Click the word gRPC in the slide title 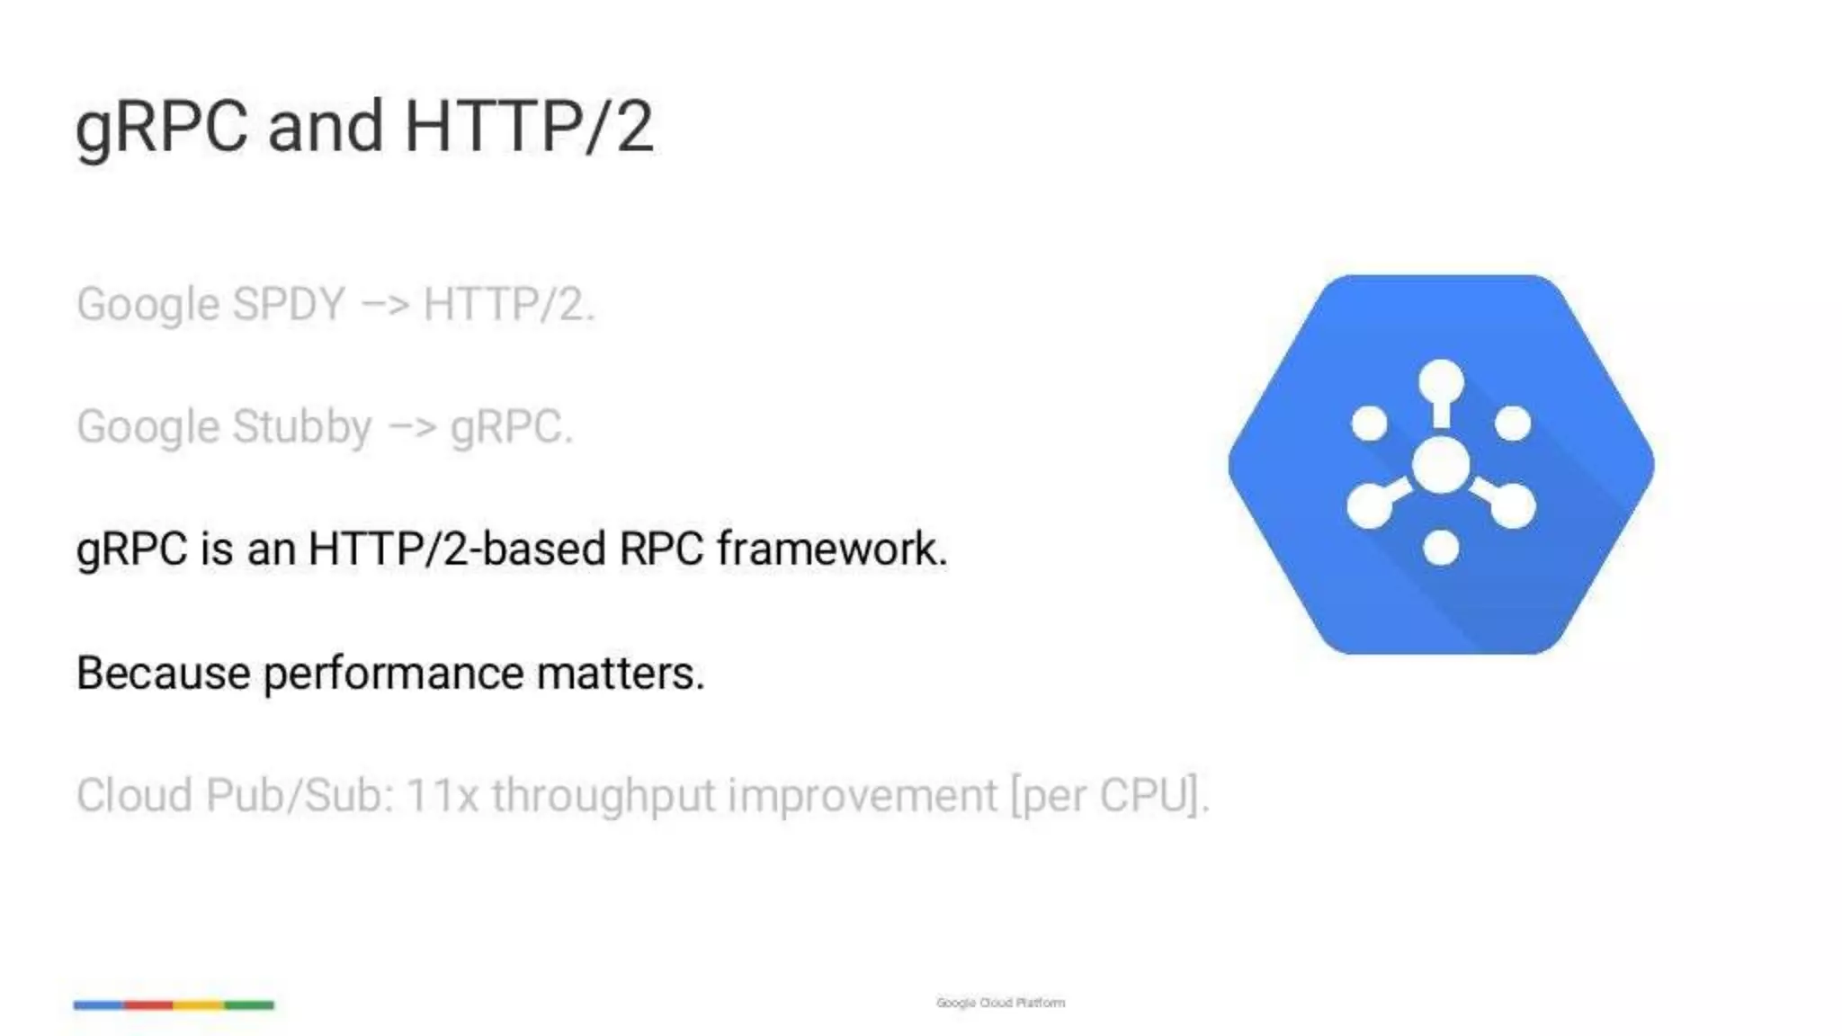pos(161,127)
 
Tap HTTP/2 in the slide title pos(529,127)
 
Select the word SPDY pos(289,304)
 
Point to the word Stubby pos(301,427)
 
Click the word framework pos(832,549)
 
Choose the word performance pos(393,674)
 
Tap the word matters pos(621,674)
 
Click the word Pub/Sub pos(300,796)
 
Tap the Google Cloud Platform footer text pos(1000,1003)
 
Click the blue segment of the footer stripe pos(99,1005)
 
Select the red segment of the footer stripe pos(148,1005)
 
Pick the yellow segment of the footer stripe pos(199,1005)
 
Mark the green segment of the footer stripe pos(249,1005)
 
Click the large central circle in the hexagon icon pos(1441,465)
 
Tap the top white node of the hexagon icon pos(1441,381)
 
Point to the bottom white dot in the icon pos(1441,547)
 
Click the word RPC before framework pos(661,549)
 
